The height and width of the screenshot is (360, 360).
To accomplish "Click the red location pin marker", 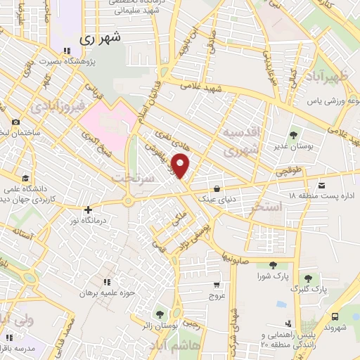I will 181,165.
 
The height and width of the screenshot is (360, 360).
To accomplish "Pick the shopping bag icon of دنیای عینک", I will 217,188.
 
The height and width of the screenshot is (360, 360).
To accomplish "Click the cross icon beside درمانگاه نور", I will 87,210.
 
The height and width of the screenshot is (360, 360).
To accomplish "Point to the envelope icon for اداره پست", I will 322,186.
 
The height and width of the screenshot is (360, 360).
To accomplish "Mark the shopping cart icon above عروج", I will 217,285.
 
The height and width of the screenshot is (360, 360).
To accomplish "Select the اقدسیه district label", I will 242,133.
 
